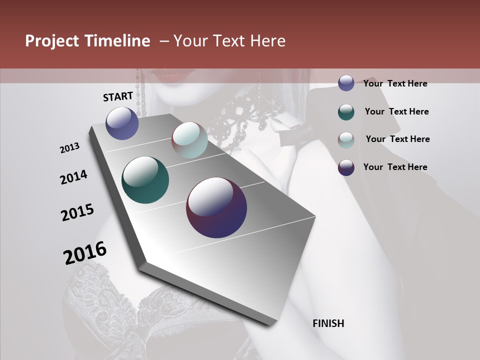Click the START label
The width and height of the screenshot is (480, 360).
(118, 96)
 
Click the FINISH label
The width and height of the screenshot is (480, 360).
(328, 323)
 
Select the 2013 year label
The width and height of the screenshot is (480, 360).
(70, 148)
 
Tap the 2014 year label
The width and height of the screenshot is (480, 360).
(74, 177)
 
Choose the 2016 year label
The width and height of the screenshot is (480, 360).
(85, 253)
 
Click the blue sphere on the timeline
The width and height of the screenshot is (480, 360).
(122, 123)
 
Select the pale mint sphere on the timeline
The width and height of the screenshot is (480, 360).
(189, 140)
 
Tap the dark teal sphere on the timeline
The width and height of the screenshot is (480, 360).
(145, 180)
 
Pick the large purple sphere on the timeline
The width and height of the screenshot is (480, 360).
(216, 207)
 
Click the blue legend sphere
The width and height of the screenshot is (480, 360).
(346, 83)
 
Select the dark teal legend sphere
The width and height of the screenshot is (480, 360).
(346, 112)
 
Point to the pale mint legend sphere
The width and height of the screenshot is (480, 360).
(346, 140)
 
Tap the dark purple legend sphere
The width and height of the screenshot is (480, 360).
(346, 167)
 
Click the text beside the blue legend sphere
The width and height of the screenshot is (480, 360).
(395, 83)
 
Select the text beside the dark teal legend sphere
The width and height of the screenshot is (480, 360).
(396, 111)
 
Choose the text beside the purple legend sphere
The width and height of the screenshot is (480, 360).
(395, 167)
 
